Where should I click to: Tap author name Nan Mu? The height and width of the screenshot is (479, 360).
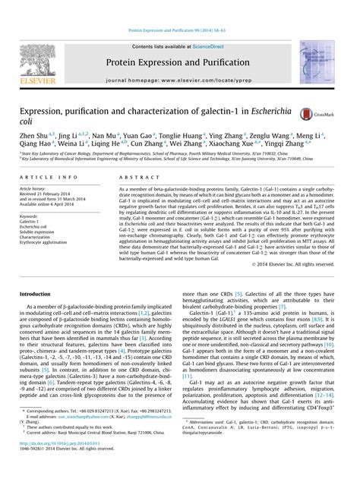(x=105, y=136)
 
